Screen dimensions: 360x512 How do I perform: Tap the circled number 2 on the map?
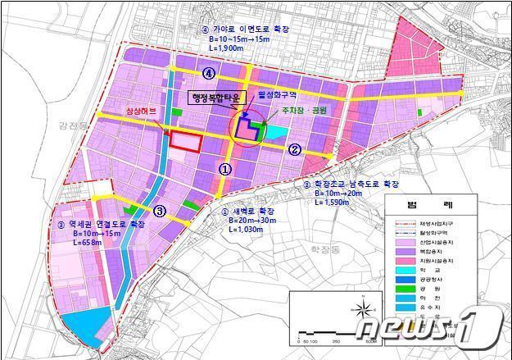295,149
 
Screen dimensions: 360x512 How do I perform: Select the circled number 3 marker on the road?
161,211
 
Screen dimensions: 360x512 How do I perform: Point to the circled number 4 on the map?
210,74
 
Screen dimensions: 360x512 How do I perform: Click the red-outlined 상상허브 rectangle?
186,140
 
